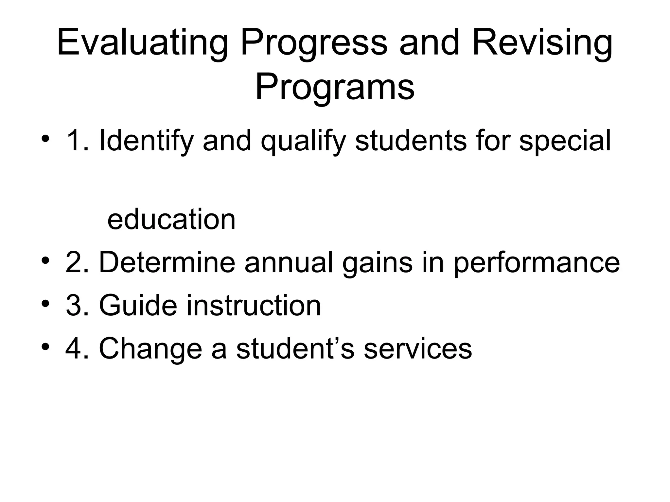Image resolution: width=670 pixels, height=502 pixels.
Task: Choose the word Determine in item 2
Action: click(x=167, y=262)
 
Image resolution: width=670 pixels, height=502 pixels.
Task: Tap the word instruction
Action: click(x=254, y=305)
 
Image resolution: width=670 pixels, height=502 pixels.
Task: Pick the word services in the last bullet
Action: click(x=418, y=348)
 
